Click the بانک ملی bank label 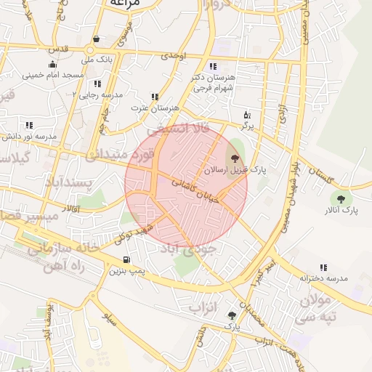pyautogui.click(x=96, y=58)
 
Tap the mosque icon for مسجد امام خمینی pyautogui.click(x=52, y=64)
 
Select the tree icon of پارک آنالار pyautogui.click(x=340, y=198)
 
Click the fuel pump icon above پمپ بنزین pyautogui.click(x=127, y=259)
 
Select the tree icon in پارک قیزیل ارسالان pyautogui.click(x=234, y=158)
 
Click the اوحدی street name pyautogui.click(x=174, y=55)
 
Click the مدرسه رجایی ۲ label pyautogui.click(x=98, y=95)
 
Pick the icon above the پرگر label pyautogui.click(x=247, y=115)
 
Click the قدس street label pyautogui.click(x=57, y=49)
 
